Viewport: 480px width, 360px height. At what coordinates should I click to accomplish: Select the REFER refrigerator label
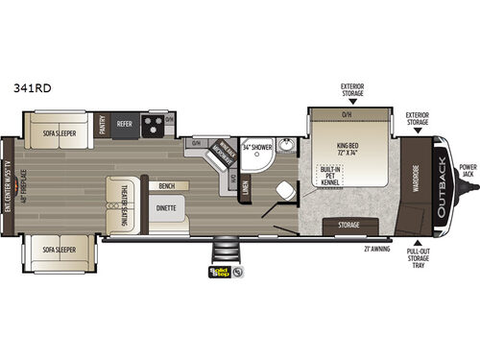(x=124, y=123)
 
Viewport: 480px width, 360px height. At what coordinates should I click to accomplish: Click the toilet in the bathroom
(x=284, y=190)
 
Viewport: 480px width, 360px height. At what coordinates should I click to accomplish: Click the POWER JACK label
(x=467, y=171)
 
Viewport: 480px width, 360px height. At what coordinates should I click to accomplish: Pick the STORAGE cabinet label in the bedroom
(x=349, y=225)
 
